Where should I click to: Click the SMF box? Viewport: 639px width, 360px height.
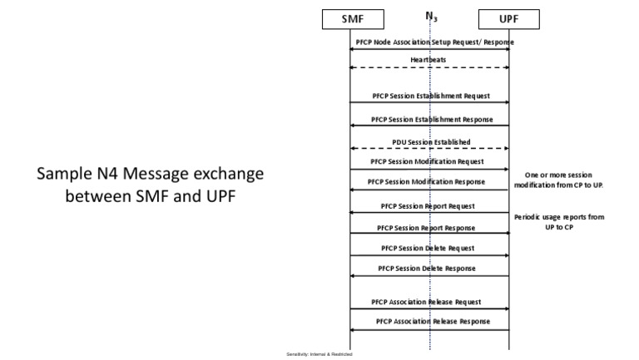(351, 18)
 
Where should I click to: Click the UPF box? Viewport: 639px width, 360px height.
(509, 18)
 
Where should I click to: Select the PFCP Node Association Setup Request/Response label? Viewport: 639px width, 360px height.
(430, 42)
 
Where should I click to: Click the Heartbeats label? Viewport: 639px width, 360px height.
(429, 60)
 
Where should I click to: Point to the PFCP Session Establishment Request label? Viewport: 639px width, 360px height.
(430, 96)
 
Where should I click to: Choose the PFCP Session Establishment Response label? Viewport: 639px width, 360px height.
(430, 119)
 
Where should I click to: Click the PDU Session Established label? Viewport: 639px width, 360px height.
(430, 141)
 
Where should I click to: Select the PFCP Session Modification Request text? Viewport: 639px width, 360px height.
(430, 160)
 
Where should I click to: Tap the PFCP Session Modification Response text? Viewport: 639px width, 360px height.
(430, 181)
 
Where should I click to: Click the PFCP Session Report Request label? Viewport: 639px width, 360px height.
(430, 205)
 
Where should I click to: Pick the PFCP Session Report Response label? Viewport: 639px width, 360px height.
(430, 227)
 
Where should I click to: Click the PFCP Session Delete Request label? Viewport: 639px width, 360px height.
(430, 248)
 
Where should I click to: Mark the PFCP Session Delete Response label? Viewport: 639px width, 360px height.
(430, 269)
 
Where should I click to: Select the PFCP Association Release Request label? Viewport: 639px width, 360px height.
(430, 301)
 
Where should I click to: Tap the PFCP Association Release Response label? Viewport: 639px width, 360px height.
(430, 321)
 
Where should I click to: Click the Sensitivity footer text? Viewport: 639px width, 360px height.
(319, 354)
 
